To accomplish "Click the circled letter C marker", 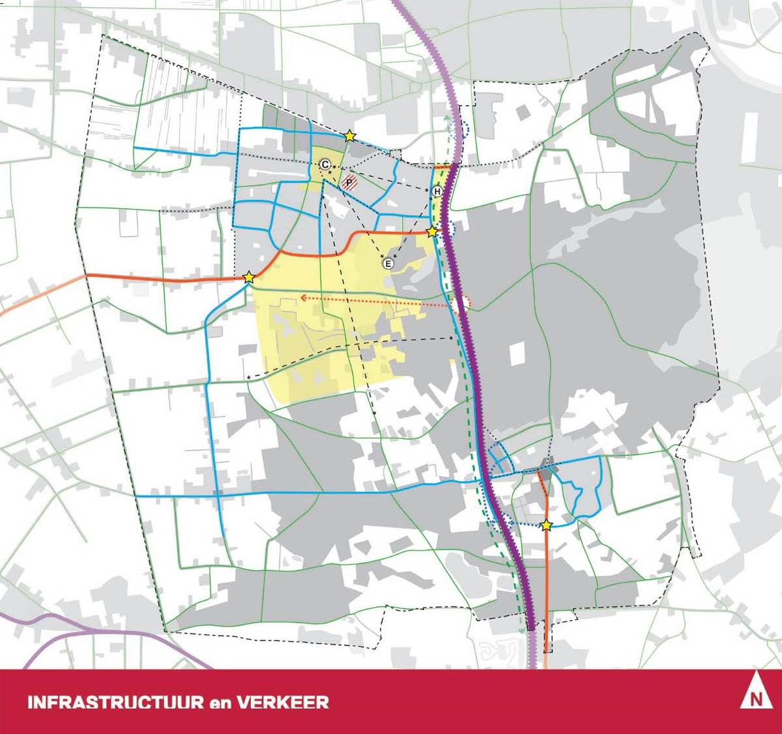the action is tap(325, 165).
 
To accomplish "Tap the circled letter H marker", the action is tap(437, 191).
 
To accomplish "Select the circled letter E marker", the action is tap(388, 264).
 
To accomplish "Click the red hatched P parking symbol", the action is tap(351, 183).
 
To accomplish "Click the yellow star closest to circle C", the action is tap(350, 136).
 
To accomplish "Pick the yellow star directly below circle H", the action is tap(432, 232).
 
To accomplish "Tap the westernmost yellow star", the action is tap(248, 278).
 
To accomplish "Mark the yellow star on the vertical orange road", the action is tap(547, 524).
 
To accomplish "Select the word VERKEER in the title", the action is tap(282, 703).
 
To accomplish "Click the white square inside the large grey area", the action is tap(517, 353).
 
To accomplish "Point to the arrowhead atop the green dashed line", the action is tap(448, 118).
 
